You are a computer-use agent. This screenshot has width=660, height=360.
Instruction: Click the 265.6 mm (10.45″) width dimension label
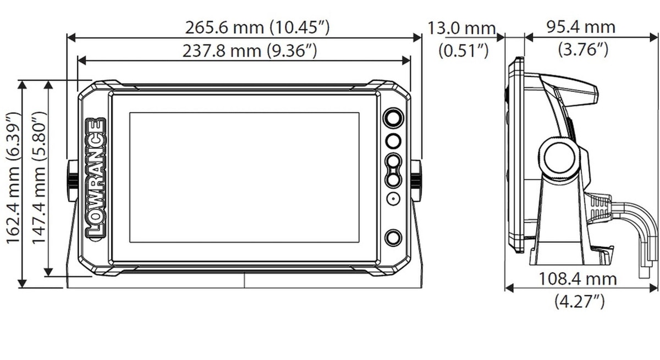(257, 28)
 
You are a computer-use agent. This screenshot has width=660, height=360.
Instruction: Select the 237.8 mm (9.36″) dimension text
(250, 51)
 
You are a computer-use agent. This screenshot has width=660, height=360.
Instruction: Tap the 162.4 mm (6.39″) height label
(14, 178)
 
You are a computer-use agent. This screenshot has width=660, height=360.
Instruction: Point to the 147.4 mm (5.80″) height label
(39, 178)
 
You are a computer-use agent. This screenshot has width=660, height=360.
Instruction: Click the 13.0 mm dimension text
(461, 29)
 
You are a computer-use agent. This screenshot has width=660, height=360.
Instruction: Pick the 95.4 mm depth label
(581, 27)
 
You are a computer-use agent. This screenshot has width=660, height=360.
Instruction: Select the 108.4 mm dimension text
(577, 279)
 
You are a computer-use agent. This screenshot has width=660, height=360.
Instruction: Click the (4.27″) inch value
(580, 301)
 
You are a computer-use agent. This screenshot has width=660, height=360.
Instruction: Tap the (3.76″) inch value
(583, 49)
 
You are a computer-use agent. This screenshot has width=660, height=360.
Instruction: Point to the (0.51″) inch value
(464, 51)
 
